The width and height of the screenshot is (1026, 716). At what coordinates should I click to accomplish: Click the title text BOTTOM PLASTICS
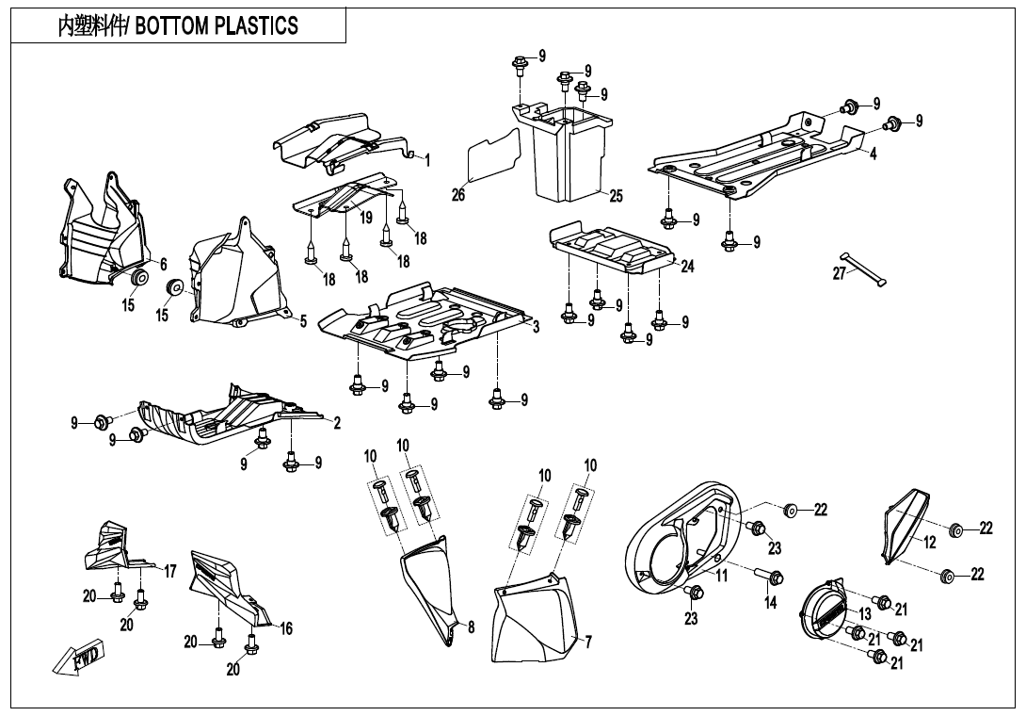point(216,26)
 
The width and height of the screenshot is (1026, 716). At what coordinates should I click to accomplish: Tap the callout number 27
point(840,274)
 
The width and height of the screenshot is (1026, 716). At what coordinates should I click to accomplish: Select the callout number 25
point(616,196)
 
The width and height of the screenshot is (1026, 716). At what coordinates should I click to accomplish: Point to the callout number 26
point(458,195)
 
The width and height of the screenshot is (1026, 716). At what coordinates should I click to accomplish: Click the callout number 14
point(771,602)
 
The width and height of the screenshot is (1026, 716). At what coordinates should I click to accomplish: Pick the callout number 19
point(365,217)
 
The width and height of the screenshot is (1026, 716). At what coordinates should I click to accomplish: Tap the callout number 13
point(865,614)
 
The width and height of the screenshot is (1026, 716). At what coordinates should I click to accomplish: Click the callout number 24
point(687,266)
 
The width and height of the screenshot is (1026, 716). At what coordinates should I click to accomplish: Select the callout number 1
point(427,160)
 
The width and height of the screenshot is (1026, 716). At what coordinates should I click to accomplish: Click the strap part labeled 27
point(863,269)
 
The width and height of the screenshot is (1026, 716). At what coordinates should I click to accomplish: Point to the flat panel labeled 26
point(495,155)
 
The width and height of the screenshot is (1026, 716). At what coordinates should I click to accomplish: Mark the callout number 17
point(170,572)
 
